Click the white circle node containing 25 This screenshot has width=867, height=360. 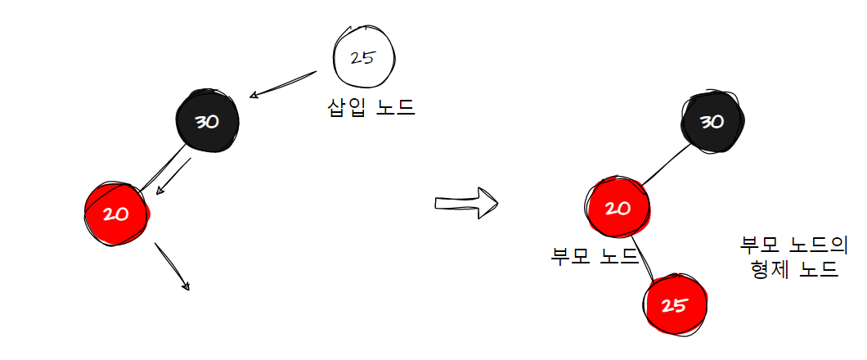[x=364, y=58]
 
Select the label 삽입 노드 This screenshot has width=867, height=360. [x=371, y=106]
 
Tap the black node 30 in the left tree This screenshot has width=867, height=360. [x=207, y=121]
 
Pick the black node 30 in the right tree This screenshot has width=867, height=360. [x=712, y=122]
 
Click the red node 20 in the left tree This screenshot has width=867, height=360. [x=117, y=214]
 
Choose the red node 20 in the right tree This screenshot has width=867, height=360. [x=618, y=208]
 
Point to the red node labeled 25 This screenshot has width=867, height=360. [x=674, y=306]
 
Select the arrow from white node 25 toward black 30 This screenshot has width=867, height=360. [x=282, y=84]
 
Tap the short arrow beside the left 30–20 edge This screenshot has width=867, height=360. [x=173, y=176]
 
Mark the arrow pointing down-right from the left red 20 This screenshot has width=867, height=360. [x=172, y=266]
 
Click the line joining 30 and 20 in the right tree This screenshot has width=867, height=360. [x=666, y=168]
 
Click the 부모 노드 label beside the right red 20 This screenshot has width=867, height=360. [x=595, y=256]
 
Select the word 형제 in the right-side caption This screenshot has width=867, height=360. [x=768, y=269]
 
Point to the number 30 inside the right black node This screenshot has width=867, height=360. [x=712, y=122]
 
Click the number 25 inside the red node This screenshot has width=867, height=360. [x=674, y=306]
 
